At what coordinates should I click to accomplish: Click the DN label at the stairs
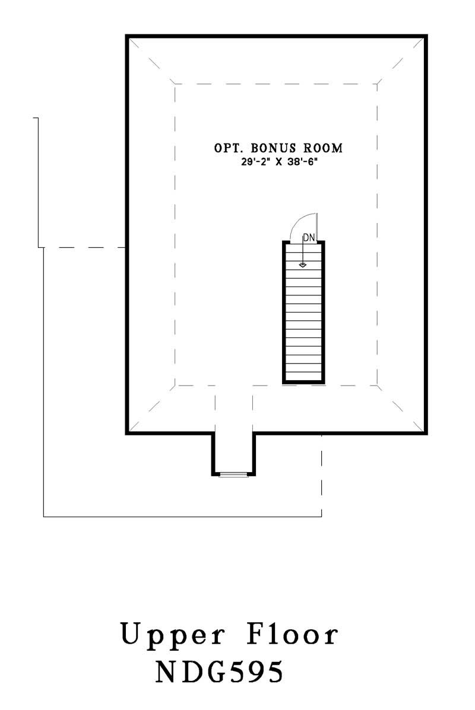point(308,237)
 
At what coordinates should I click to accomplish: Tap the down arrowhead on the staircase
point(303,265)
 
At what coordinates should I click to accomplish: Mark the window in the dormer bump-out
point(233,475)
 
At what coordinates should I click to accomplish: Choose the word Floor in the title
point(294,635)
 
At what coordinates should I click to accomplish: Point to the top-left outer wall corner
point(127,37)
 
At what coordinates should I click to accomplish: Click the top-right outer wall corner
point(426,37)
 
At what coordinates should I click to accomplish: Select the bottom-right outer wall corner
point(426,433)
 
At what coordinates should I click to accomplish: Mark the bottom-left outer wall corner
point(127,433)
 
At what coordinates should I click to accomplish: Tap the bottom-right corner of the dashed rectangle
point(378,386)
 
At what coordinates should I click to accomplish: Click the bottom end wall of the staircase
point(303,381)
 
